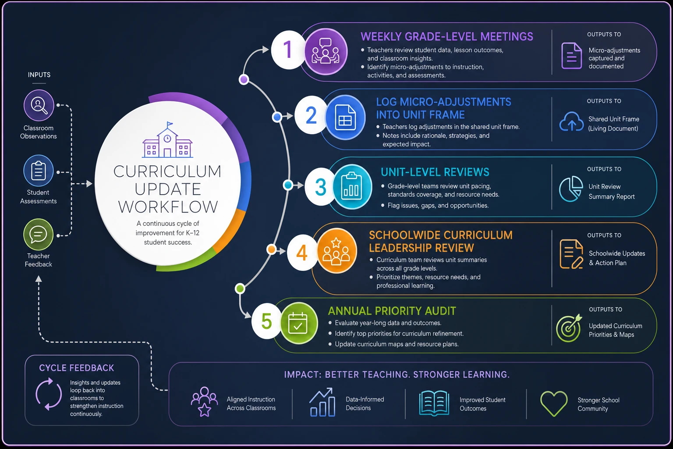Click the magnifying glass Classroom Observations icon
(x=39, y=105)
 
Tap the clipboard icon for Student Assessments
(x=39, y=171)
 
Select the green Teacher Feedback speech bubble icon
(x=39, y=234)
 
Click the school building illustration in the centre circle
(x=167, y=140)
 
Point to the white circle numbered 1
(x=288, y=50)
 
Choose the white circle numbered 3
(x=321, y=187)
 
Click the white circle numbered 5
(x=266, y=321)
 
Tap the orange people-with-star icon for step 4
(x=336, y=251)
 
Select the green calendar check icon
(x=298, y=323)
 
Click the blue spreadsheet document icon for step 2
(x=345, y=117)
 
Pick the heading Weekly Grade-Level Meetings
(x=447, y=37)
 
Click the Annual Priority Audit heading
(x=392, y=311)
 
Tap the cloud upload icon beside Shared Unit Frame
(x=571, y=121)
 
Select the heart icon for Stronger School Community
(x=554, y=403)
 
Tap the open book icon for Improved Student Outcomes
(x=434, y=403)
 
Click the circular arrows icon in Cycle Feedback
(x=49, y=394)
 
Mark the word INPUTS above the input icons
(x=39, y=75)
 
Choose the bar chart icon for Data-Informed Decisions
(x=322, y=402)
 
